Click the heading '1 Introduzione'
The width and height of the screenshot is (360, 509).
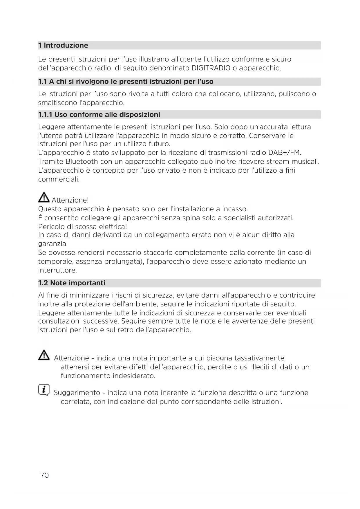(x=63, y=45)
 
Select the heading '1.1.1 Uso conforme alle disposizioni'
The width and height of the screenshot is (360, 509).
(x=99, y=115)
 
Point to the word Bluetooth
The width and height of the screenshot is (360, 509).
(x=82, y=161)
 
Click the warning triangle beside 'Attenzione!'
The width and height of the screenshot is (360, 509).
(x=44, y=198)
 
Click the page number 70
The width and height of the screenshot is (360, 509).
(x=45, y=475)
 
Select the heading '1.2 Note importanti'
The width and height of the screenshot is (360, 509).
(x=72, y=283)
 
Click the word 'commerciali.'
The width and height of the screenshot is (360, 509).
(x=59, y=179)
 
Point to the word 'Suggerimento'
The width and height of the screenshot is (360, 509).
(x=77, y=393)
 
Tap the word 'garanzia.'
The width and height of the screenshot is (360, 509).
(x=53, y=244)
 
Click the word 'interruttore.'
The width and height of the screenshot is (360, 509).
(x=57, y=270)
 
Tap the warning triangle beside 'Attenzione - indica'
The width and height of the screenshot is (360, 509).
(x=44, y=355)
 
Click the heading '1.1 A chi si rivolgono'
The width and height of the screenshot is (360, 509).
(x=126, y=82)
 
